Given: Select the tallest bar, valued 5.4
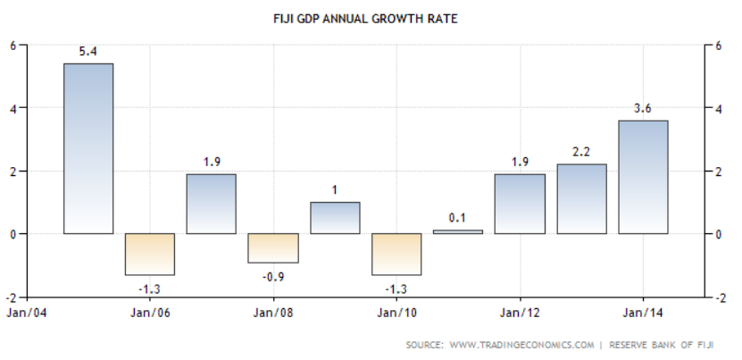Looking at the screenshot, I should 88,148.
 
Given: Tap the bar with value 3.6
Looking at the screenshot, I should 643,177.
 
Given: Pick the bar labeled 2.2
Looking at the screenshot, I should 581,198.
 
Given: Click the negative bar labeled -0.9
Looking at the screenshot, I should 273,248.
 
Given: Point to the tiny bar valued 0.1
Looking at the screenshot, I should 458,231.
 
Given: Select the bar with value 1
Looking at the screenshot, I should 335,218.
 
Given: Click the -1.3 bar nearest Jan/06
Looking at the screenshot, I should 150,254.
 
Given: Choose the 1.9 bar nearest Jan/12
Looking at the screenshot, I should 520,204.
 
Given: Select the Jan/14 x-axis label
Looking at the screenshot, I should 643,313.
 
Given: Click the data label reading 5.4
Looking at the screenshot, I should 88,51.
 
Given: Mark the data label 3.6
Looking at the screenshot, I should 643,108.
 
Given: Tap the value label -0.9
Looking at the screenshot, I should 273,275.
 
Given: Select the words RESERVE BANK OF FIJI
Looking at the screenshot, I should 668,344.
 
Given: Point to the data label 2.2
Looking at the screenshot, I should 581,152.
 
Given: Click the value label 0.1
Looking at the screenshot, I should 458,218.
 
